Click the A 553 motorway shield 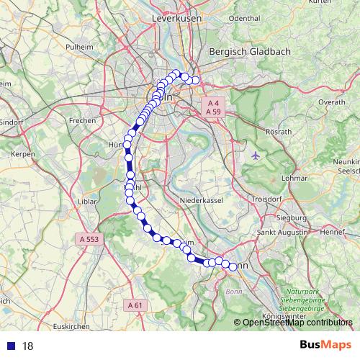click(x=89, y=238)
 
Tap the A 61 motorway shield click(x=135, y=305)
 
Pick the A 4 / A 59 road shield click(x=212, y=107)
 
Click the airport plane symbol click(x=258, y=155)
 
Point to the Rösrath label click(x=277, y=132)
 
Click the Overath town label click(x=332, y=103)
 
